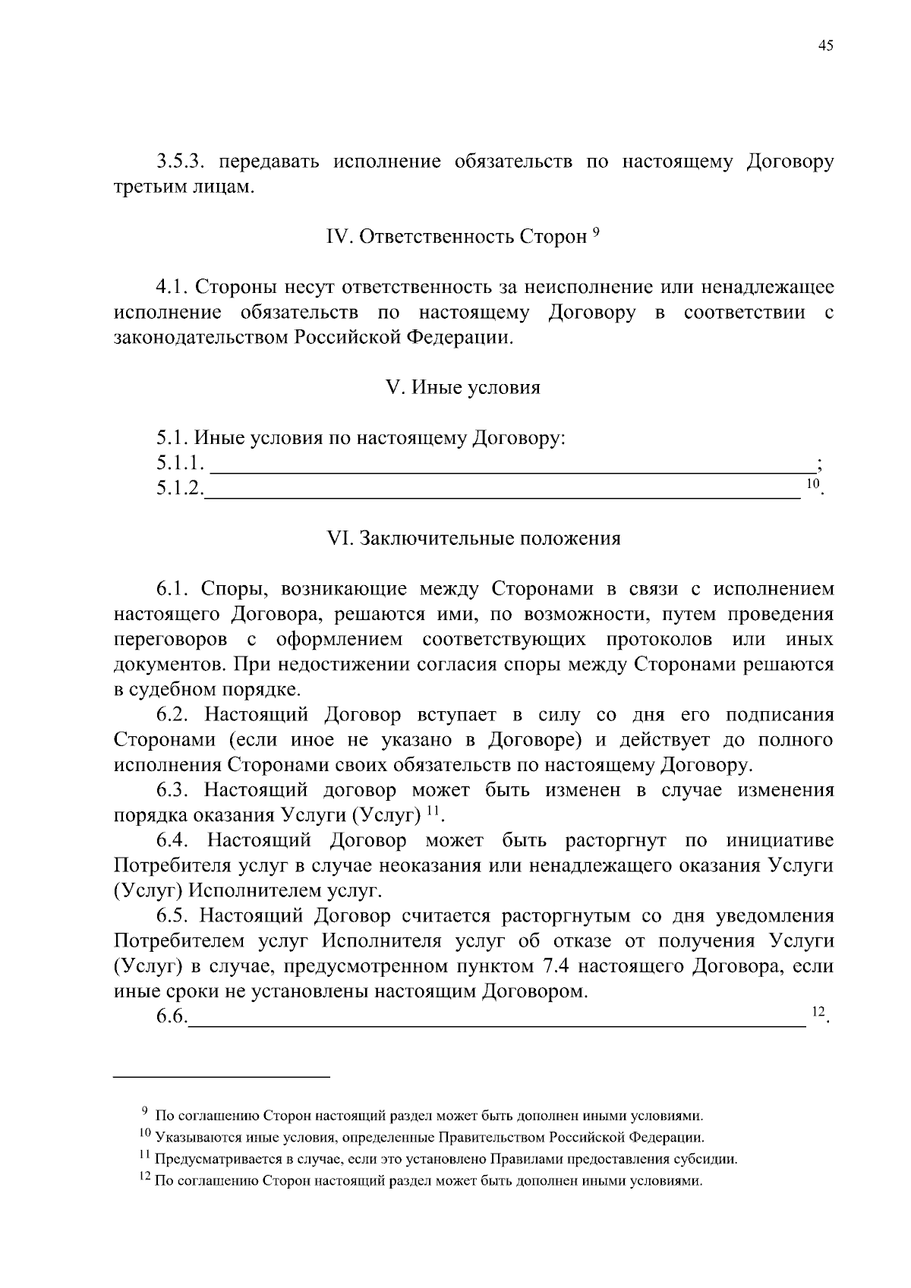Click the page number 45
[x=825, y=46]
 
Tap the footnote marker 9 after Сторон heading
[x=596, y=232]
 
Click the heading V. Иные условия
[x=463, y=388]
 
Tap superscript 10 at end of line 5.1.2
[x=812, y=484]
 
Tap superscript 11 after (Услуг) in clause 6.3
[x=432, y=811]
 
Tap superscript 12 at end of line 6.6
[x=818, y=1012]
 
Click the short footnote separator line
[x=222, y=1076]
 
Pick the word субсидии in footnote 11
[x=710, y=1160]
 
